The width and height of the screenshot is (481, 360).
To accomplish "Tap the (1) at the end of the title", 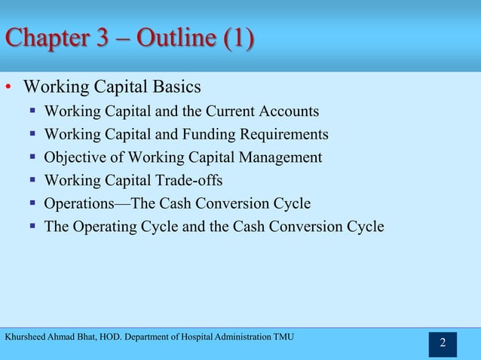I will pyautogui.click(x=237, y=37).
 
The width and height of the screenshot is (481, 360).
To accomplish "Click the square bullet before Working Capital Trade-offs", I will pyautogui.click(x=33, y=181).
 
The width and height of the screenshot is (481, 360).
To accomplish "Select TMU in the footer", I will pyautogui.click(x=283, y=335).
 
